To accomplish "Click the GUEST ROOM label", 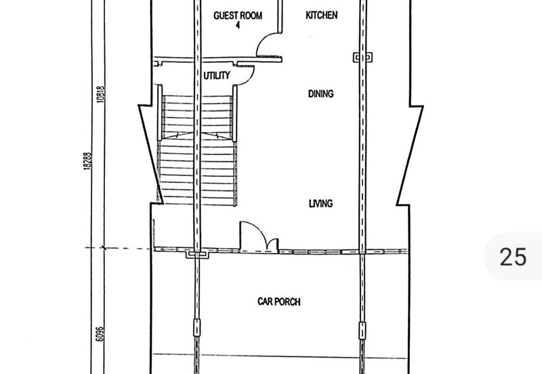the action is (x=238, y=16).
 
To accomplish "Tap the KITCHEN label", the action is (x=321, y=15).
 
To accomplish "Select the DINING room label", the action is (x=320, y=93).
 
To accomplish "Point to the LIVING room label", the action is (x=320, y=203).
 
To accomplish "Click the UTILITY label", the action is (x=217, y=75).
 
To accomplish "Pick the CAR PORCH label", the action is (x=279, y=302).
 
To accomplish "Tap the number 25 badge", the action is (x=513, y=257).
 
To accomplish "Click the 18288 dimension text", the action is (x=87, y=161).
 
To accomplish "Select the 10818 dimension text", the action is (x=100, y=94).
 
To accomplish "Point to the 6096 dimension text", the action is (x=100, y=334).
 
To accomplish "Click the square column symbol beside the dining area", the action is (x=362, y=57).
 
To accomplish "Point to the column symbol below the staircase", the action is (x=197, y=255).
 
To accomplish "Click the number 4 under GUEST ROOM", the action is (x=238, y=25).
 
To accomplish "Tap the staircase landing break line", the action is (x=197, y=135).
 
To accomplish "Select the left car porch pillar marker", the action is (x=196, y=328).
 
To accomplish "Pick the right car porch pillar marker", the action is (x=362, y=331).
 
